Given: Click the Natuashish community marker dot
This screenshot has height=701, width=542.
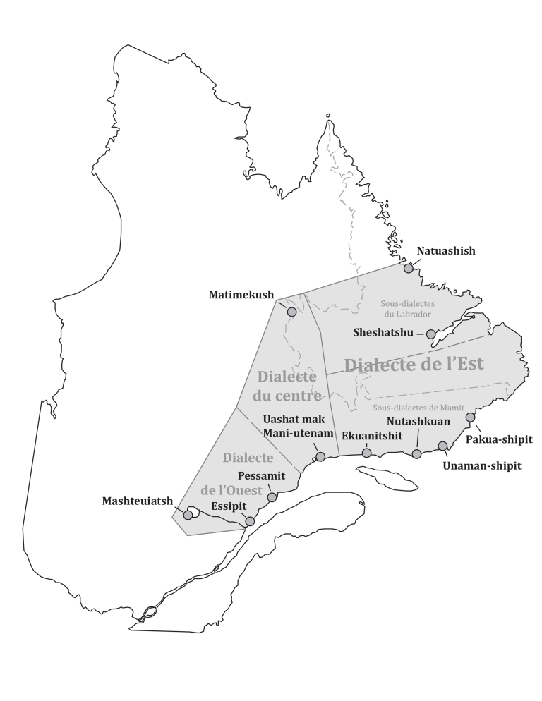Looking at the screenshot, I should coord(408,268).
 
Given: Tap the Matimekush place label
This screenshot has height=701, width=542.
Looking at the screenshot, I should coord(241,295).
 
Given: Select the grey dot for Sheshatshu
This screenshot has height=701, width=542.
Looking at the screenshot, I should coord(431,334).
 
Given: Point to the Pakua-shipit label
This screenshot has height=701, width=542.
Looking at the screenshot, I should coord(500,439).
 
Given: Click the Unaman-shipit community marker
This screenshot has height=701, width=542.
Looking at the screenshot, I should coord(442,446).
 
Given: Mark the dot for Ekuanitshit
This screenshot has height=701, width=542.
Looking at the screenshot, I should coord(366,453).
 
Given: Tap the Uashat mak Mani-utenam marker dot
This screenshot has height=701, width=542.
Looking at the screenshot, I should coord(320,457).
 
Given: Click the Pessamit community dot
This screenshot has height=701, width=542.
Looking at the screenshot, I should coord(272,497).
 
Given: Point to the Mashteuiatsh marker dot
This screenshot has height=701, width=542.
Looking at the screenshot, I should coord(188,516).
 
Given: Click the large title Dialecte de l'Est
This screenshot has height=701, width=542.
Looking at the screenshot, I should coord(414,365).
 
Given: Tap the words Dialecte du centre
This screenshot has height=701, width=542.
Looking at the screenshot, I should coord(287,386).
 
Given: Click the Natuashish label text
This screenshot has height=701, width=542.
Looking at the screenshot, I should coord(446,250).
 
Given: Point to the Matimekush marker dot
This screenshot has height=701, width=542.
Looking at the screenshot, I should coord(291,312).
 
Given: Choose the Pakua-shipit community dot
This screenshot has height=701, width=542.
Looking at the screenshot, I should coord(470,417).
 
